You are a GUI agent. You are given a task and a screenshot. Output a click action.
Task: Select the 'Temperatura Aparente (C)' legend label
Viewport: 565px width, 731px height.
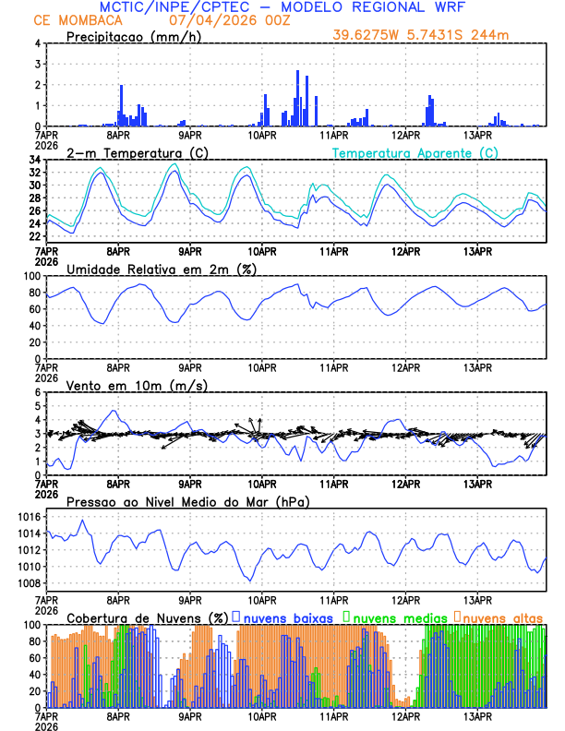(x=415, y=152)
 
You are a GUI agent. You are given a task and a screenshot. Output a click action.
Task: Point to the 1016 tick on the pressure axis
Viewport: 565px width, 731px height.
(x=28, y=517)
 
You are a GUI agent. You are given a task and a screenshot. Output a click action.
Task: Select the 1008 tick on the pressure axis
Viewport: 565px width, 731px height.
(x=28, y=583)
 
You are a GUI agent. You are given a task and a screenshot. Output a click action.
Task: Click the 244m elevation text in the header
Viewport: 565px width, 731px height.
(x=490, y=36)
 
